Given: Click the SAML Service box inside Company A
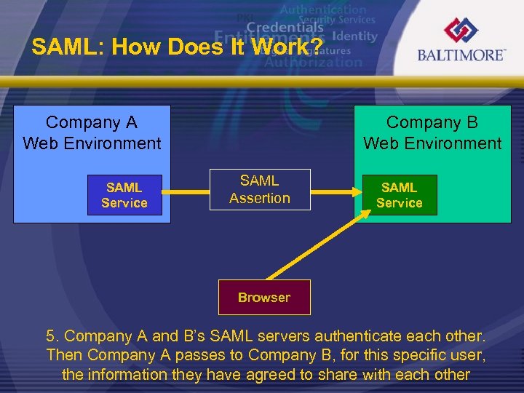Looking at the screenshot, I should tap(124, 195).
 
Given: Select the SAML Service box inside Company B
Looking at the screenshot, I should tap(399, 195).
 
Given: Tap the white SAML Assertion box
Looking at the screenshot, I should tap(259, 189).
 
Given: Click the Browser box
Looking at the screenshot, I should tap(263, 297).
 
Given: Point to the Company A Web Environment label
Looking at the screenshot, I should tap(92, 133).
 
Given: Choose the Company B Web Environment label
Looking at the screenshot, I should tap(432, 133).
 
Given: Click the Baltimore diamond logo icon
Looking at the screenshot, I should tap(461, 31).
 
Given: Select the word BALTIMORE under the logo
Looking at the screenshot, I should tap(461, 55).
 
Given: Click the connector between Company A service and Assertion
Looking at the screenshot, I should tap(185, 193).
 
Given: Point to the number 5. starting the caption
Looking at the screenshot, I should tap(53, 336).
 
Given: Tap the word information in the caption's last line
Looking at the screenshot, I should tap(127, 375).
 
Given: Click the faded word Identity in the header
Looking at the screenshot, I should tap(354, 36).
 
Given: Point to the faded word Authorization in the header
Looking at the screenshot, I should tap(313, 62).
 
